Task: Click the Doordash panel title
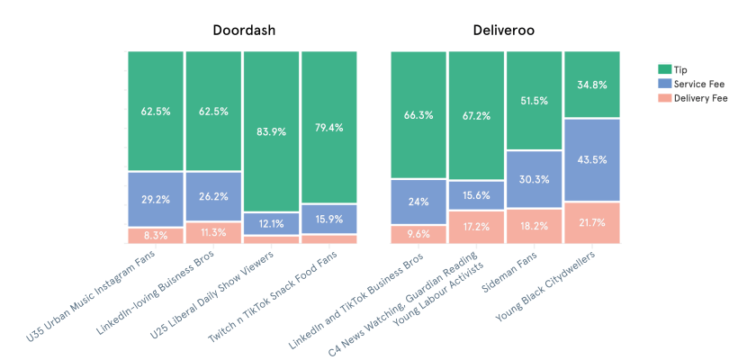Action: coord(243,31)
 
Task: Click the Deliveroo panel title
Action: coord(506,31)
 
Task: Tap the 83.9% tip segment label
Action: coord(271,131)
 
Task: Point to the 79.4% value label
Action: coord(328,127)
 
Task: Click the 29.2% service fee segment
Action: coord(155,199)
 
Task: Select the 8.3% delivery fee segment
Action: coord(155,235)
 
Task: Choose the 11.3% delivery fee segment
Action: coord(213,232)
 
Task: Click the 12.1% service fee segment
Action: coord(271,223)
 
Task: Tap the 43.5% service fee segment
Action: coord(592,159)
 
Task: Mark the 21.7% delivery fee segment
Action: coord(592,222)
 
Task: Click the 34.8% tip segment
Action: coord(592,85)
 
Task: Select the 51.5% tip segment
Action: coord(535,101)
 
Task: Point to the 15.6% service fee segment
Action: coord(477,195)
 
